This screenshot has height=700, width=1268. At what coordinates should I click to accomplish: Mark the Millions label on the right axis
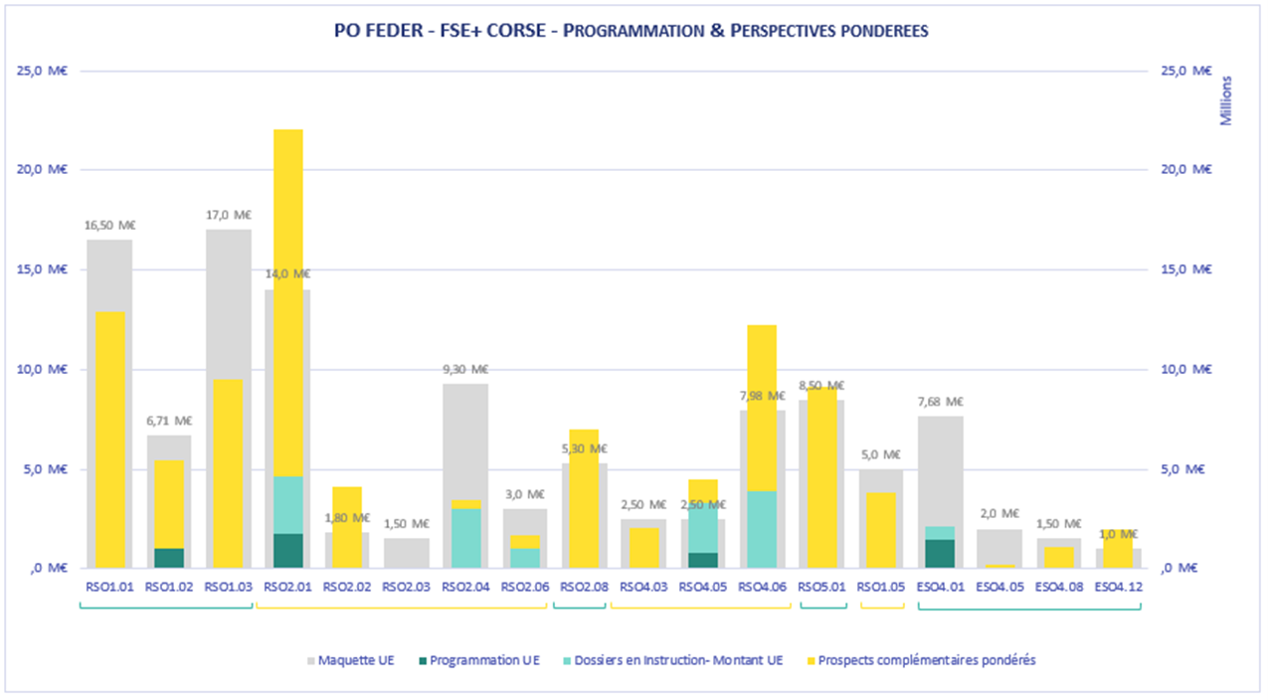tap(1225, 99)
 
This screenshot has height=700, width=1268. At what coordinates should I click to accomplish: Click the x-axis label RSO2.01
tap(287, 587)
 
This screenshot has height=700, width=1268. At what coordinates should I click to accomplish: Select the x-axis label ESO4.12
tap(1119, 587)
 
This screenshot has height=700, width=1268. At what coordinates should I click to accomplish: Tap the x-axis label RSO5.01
tap(822, 587)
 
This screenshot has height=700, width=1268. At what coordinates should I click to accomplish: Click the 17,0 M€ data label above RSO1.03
tap(229, 214)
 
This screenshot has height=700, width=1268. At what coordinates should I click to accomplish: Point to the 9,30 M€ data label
tap(465, 369)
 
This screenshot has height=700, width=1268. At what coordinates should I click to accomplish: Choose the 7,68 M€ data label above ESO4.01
tap(941, 402)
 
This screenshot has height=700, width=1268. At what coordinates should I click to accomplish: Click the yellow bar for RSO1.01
tap(109, 437)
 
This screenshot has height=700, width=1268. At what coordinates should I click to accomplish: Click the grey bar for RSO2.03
tap(407, 553)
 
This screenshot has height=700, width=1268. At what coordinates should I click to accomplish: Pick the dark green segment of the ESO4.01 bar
tap(941, 554)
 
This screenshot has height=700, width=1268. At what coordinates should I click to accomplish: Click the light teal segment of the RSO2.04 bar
tap(465, 538)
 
